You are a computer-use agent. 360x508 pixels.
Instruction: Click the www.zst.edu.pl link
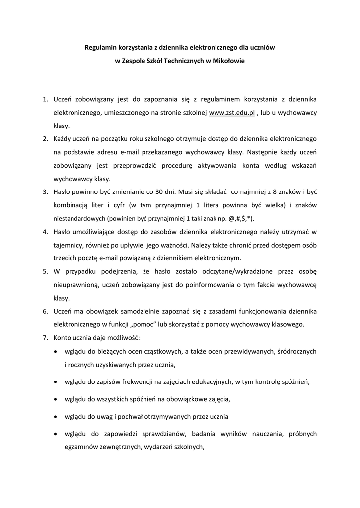[232, 113]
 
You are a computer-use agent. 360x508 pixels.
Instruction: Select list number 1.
[45, 100]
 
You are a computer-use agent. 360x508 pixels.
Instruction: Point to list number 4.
[45, 232]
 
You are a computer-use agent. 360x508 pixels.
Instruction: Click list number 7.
[45, 338]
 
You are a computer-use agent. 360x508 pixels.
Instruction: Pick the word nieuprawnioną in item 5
[76, 285]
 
